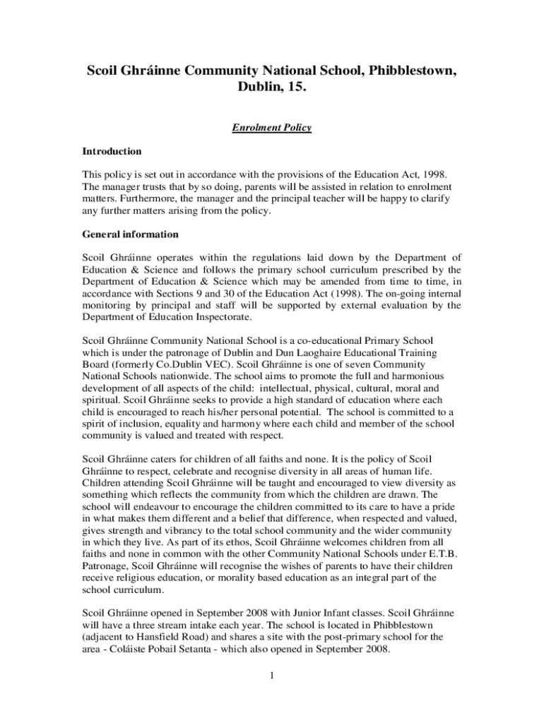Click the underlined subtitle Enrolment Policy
click(272, 128)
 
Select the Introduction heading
click(112, 152)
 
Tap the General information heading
click(131, 234)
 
